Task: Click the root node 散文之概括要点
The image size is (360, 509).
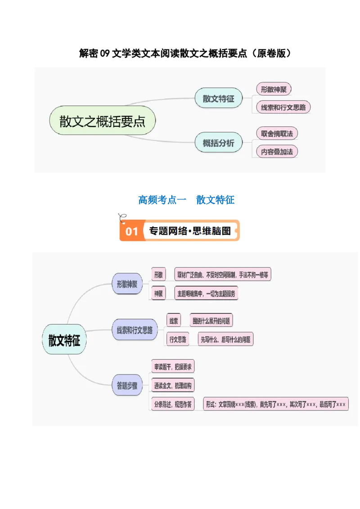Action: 103,121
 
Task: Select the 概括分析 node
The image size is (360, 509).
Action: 218,143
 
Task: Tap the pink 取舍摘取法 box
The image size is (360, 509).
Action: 277,134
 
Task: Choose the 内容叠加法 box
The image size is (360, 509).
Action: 277,152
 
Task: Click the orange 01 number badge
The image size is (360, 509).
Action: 131,231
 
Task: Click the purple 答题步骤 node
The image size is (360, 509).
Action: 127,385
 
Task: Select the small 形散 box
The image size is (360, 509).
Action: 158,275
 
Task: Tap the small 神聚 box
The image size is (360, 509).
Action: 158,294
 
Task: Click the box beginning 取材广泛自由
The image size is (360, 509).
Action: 222,275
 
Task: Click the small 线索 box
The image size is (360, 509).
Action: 173,321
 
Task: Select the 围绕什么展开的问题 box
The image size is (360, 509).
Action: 211,321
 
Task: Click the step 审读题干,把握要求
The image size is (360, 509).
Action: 173,367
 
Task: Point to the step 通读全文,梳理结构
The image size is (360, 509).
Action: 173,385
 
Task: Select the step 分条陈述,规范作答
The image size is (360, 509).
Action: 173,404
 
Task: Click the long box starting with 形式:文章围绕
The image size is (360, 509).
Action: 275,404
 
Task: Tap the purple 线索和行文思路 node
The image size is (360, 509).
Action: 135,330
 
